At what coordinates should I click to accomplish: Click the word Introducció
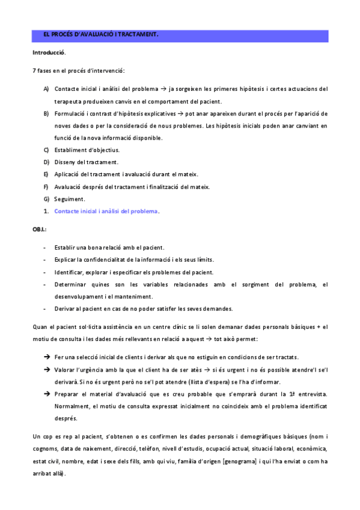click(x=49, y=52)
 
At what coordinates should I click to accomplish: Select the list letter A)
click(x=46, y=89)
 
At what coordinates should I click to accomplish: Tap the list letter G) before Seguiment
click(x=46, y=199)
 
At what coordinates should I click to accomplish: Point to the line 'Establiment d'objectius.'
click(x=87, y=150)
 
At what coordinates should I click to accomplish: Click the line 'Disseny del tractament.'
click(x=86, y=162)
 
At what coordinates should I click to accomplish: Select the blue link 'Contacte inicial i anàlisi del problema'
click(x=106, y=211)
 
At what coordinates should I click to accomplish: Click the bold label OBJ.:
click(x=40, y=230)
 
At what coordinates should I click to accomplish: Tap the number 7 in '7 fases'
click(x=34, y=71)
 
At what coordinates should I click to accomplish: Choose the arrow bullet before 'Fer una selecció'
click(x=46, y=357)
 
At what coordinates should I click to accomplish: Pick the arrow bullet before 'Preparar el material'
click(x=46, y=394)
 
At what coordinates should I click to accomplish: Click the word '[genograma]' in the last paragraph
click(x=240, y=461)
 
